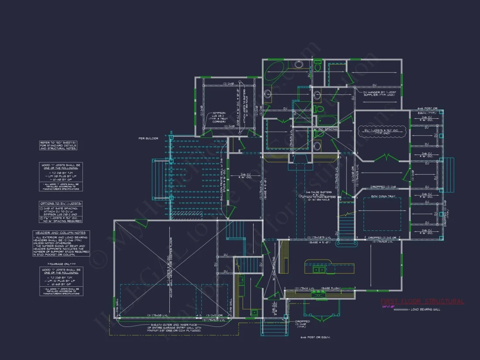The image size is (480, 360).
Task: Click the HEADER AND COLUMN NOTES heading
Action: coord(60,233)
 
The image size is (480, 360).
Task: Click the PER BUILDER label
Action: coord(148,138)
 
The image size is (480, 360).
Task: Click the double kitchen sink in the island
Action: coord(320,269)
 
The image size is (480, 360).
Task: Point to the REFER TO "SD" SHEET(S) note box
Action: coord(58,146)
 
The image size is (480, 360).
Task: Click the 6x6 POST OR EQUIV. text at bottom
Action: coord(315,337)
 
